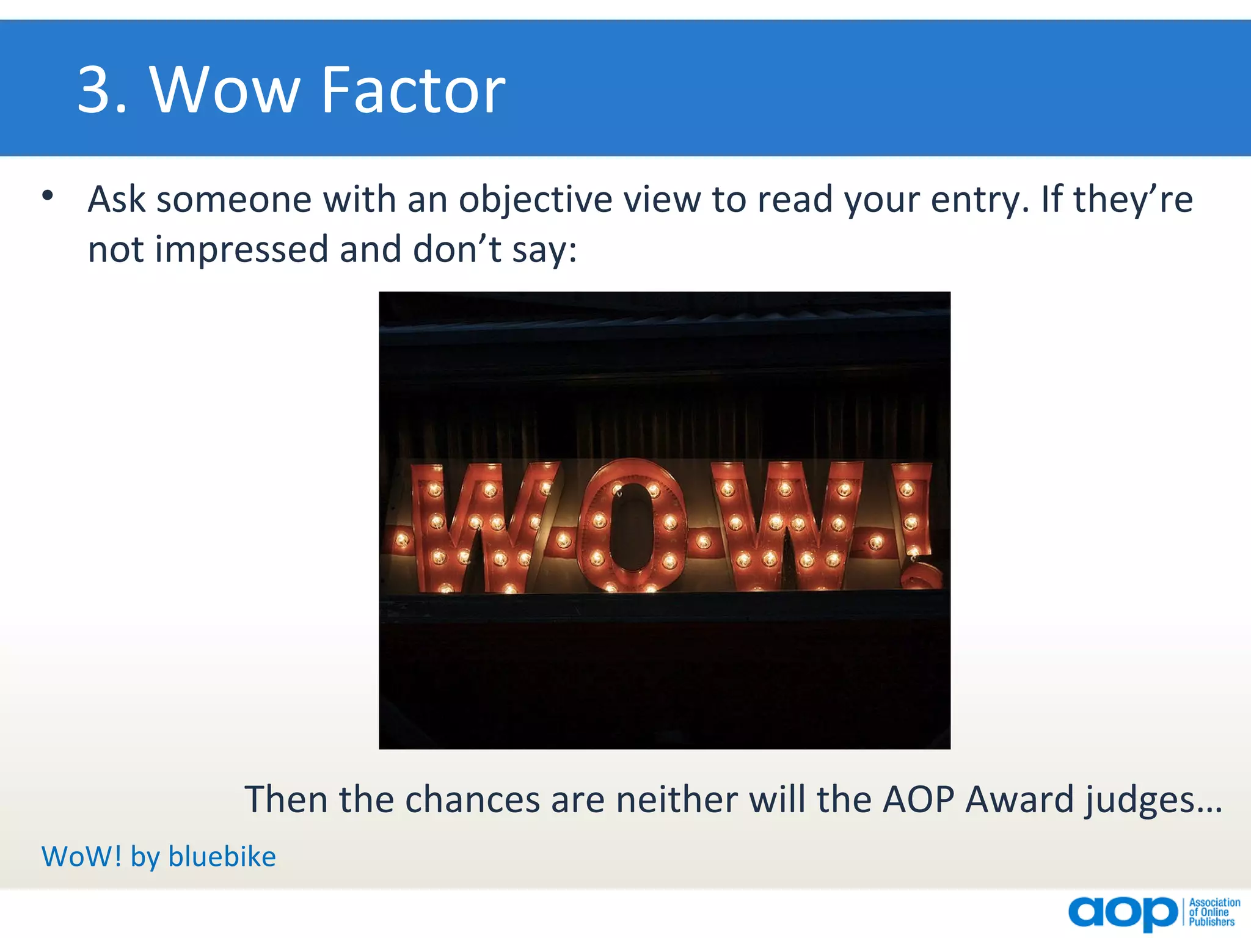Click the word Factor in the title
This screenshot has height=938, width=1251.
[413, 90]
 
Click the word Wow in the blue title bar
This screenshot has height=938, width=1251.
[225, 90]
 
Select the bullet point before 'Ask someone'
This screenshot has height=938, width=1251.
[48, 197]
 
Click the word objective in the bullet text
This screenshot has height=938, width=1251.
[535, 200]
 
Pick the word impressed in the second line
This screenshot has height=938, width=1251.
[241, 250]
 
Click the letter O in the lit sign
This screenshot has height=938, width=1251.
[633, 526]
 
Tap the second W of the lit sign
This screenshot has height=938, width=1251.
[785, 526]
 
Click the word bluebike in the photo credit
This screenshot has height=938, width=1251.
[222, 856]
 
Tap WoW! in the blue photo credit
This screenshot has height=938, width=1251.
[82, 856]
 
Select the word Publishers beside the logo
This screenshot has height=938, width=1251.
[1211, 922]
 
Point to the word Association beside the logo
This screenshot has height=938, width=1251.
[1214, 903]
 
